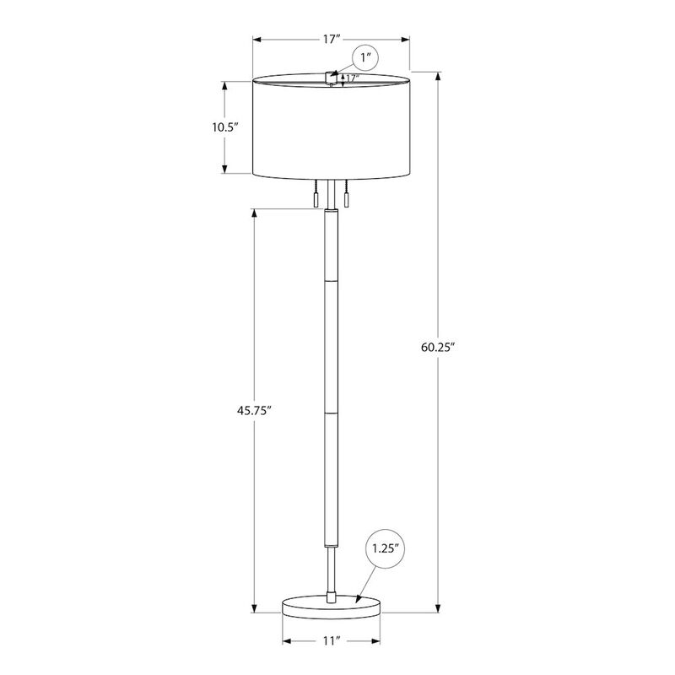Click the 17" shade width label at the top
coord(332,39)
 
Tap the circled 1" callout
coord(365,57)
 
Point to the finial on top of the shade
coord(331,78)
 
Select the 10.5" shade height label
coord(224,127)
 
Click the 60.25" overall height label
coord(438,347)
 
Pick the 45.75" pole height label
coord(254,410)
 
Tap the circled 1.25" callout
coord(386,549)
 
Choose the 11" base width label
coord(332,641)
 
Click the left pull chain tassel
coord(316,201)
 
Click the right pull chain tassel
coord(346,201)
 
